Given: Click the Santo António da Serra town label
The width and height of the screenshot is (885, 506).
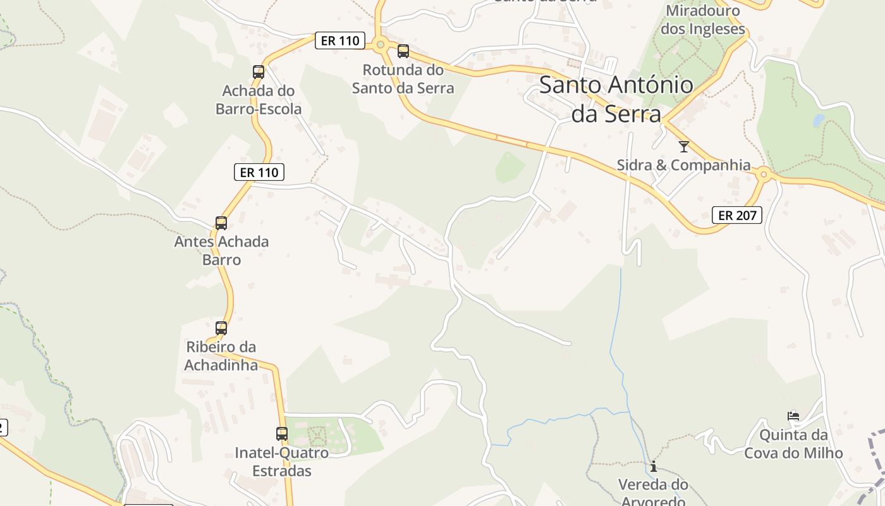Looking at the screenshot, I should tap(616, 99).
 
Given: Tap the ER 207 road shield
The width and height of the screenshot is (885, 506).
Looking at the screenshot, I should tap(737, 215).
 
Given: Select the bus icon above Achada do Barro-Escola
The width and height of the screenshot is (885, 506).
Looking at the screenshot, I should tap(259, 72).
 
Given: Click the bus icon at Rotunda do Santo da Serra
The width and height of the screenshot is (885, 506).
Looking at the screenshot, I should tap(403, 51).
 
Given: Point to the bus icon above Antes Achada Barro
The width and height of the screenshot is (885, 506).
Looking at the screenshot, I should tap(221, 223).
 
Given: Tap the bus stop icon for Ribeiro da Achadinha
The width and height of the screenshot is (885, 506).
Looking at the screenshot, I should tap(221, 328).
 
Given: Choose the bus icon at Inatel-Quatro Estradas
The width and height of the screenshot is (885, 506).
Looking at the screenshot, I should tap(282, 434).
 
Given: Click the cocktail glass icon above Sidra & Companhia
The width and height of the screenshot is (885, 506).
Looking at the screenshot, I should tap(683, 147).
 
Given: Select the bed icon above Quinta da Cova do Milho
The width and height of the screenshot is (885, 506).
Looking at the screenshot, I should tap(793, 416).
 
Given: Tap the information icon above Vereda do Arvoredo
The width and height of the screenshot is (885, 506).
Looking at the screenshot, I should tap(654, 467).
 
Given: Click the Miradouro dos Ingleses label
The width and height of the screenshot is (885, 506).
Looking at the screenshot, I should tap(703, 20).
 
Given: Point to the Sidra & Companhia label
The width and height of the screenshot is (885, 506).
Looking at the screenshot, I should tap(684, 165).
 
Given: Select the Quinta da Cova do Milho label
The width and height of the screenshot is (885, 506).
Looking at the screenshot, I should tap(793, 444).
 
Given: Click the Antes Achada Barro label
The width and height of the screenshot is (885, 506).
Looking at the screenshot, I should tap(221, 250).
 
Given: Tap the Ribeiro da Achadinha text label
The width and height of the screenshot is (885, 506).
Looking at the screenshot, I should tap(221, 356).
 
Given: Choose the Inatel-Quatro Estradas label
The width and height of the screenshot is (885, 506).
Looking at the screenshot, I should tap(282, 462).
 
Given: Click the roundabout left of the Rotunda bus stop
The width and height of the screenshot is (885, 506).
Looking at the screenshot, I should tap(380, 44).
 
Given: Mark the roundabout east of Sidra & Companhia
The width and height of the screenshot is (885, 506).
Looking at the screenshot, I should tap(764, 174).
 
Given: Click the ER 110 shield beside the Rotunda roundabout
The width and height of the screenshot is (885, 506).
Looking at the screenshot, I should tap(340, 41).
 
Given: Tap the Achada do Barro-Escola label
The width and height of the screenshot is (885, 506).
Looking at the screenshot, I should tap(259, 100).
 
